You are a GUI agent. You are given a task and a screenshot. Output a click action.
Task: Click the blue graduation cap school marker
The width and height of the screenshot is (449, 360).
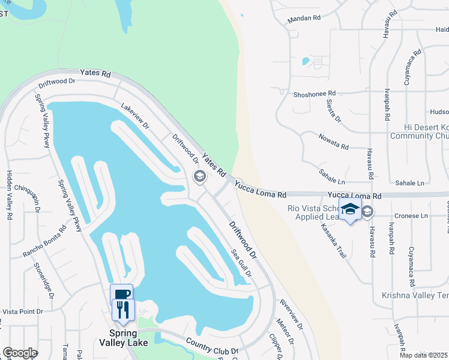click(x=350, y=209)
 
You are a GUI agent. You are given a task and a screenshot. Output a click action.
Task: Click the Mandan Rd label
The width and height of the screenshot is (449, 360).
click(x=304, y=19)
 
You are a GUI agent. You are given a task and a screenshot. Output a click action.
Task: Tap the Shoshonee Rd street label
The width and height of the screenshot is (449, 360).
click(x=315, y=94)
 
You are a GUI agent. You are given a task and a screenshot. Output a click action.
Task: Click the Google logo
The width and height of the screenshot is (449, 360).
click(x=20, y=353)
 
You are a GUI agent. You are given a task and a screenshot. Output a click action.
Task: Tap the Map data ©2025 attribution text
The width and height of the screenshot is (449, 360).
click(x=423, y=355)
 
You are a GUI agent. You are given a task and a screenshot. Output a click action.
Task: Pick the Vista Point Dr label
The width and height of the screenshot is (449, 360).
click(x=23, y=311)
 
